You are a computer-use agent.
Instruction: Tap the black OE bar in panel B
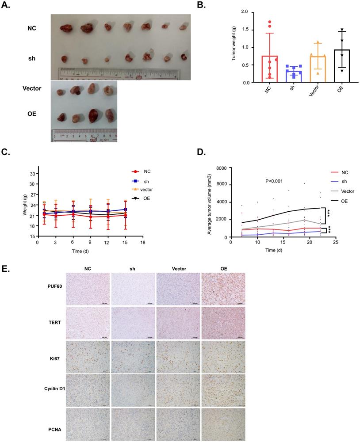340,66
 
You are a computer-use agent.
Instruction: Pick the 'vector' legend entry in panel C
146,189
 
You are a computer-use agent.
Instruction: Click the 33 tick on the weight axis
32,174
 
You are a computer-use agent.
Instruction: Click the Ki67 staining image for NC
88,356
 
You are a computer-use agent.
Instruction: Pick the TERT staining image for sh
133,323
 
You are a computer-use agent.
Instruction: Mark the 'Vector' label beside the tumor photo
32,88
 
